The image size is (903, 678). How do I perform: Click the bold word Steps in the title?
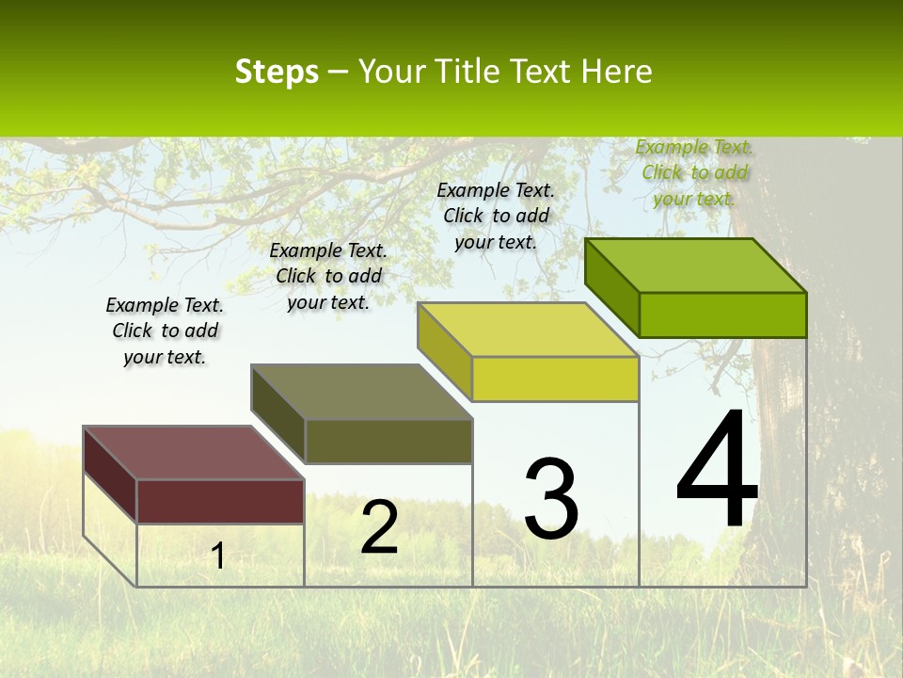pos(277,72)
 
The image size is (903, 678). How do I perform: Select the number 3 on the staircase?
pos(550,498)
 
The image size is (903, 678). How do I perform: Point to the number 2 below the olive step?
pos(379,527)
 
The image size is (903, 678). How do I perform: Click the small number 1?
pos(218,556)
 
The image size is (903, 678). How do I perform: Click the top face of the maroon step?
pos(193,453)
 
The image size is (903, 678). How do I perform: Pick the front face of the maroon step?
pos(220,501)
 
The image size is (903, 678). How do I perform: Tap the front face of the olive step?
pos(388,441)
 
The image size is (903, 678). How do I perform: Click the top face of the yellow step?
pos(528,330)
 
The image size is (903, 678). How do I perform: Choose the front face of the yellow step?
pos(555,379)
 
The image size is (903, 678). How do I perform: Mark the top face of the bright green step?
pos(695,266)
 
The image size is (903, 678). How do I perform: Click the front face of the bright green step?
pos(722,315)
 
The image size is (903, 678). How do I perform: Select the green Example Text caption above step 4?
pos(694,172)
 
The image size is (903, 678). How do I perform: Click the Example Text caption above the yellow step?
pos(496,216)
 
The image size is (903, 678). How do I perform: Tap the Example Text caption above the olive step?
pos(328,276)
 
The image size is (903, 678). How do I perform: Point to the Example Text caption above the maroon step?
pos(165,331)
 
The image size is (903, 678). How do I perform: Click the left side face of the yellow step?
pos(444,352)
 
